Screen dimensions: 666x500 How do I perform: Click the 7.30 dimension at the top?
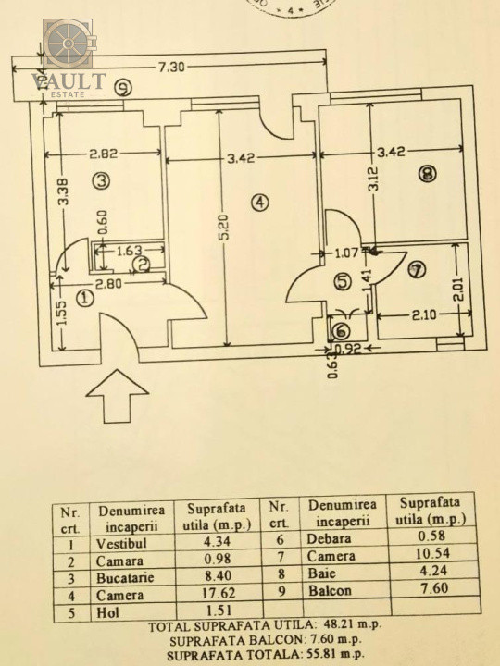click(x=170, y=67)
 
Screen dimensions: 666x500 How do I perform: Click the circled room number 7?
click(x=417, y=270)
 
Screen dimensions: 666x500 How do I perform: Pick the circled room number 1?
click(x=85, y=298)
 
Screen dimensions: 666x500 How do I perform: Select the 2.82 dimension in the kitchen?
click(x=106, y=155)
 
